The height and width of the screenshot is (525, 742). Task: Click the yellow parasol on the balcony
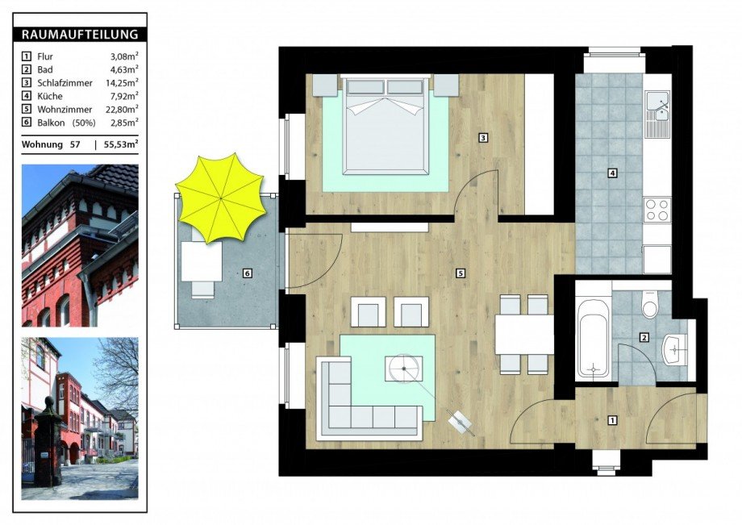click(220, 198)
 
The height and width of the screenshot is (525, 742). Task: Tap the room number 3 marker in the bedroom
click(482, 138)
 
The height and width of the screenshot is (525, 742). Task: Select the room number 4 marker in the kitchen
click(612, 173)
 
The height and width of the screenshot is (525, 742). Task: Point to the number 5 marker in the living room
click(461, 273)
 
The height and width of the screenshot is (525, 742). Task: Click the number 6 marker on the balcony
click(247, 273)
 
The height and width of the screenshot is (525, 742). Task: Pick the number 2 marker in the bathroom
click(644, 338)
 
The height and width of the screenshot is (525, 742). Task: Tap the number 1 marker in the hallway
click(613, 420)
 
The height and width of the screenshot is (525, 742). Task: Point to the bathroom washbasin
click(675, 350)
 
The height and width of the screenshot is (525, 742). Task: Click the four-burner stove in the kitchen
click(657, 210)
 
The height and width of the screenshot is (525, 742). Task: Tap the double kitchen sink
click(657, 114)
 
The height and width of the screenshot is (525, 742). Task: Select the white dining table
click(524, 335)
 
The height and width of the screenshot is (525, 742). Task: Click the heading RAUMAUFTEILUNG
click(80, 35)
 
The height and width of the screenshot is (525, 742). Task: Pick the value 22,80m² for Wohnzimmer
click(122, 109)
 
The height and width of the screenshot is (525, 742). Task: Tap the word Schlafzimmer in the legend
click(65, 83)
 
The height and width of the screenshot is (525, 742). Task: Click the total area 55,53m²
click(121, 144)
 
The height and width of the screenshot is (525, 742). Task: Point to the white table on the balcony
click(202, 260)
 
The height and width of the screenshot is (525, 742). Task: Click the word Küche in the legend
click(50, 96)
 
